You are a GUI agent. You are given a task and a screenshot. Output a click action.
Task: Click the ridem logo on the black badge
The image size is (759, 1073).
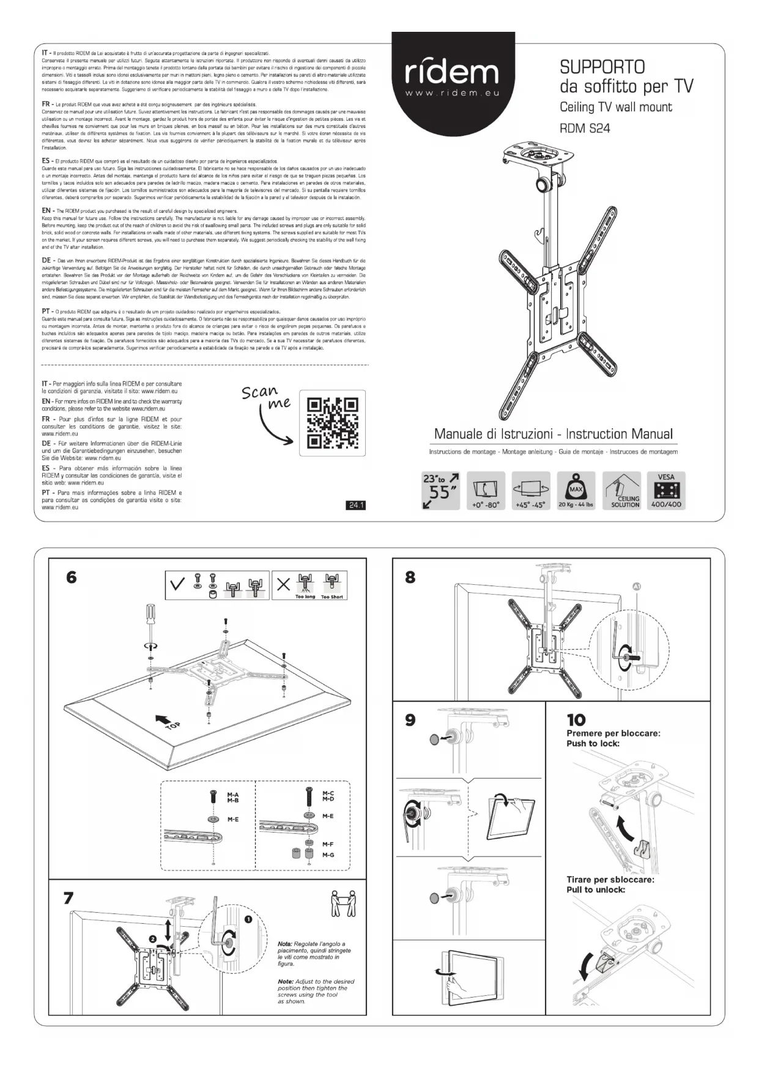point(452,74)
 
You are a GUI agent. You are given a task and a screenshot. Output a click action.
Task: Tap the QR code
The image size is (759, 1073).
point(332,423)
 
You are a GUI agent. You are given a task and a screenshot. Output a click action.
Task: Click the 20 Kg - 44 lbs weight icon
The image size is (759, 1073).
point(576,491)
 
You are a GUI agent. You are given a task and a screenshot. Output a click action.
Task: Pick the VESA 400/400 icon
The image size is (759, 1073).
point(666,491)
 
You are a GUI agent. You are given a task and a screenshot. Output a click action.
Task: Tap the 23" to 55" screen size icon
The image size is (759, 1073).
point(440,491)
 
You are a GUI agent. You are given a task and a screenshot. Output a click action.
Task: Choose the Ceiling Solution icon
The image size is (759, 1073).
point(621,491)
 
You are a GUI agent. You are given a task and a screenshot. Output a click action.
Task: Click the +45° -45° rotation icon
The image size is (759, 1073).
point(530,491)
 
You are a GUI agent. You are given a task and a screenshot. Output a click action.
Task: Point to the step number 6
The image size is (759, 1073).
point(72,577)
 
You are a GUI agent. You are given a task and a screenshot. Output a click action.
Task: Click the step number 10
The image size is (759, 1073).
point(576,719)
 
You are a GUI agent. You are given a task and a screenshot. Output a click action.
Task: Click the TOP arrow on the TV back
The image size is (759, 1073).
point(165,721)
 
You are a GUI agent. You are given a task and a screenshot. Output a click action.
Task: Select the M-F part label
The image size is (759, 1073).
point(328,844)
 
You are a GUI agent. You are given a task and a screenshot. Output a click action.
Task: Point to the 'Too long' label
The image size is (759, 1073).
point(305,596)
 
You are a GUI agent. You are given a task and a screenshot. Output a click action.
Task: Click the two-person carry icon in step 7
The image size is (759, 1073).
point(343,904)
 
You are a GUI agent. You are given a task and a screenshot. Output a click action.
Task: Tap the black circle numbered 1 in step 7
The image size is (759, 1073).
point(248,919)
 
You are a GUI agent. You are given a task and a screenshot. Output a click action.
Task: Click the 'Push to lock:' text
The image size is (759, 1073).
point(593,743)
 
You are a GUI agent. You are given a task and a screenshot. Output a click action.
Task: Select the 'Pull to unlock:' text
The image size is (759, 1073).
point(596,889)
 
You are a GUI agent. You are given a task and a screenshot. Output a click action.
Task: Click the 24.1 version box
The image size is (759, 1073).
point(355,505)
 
